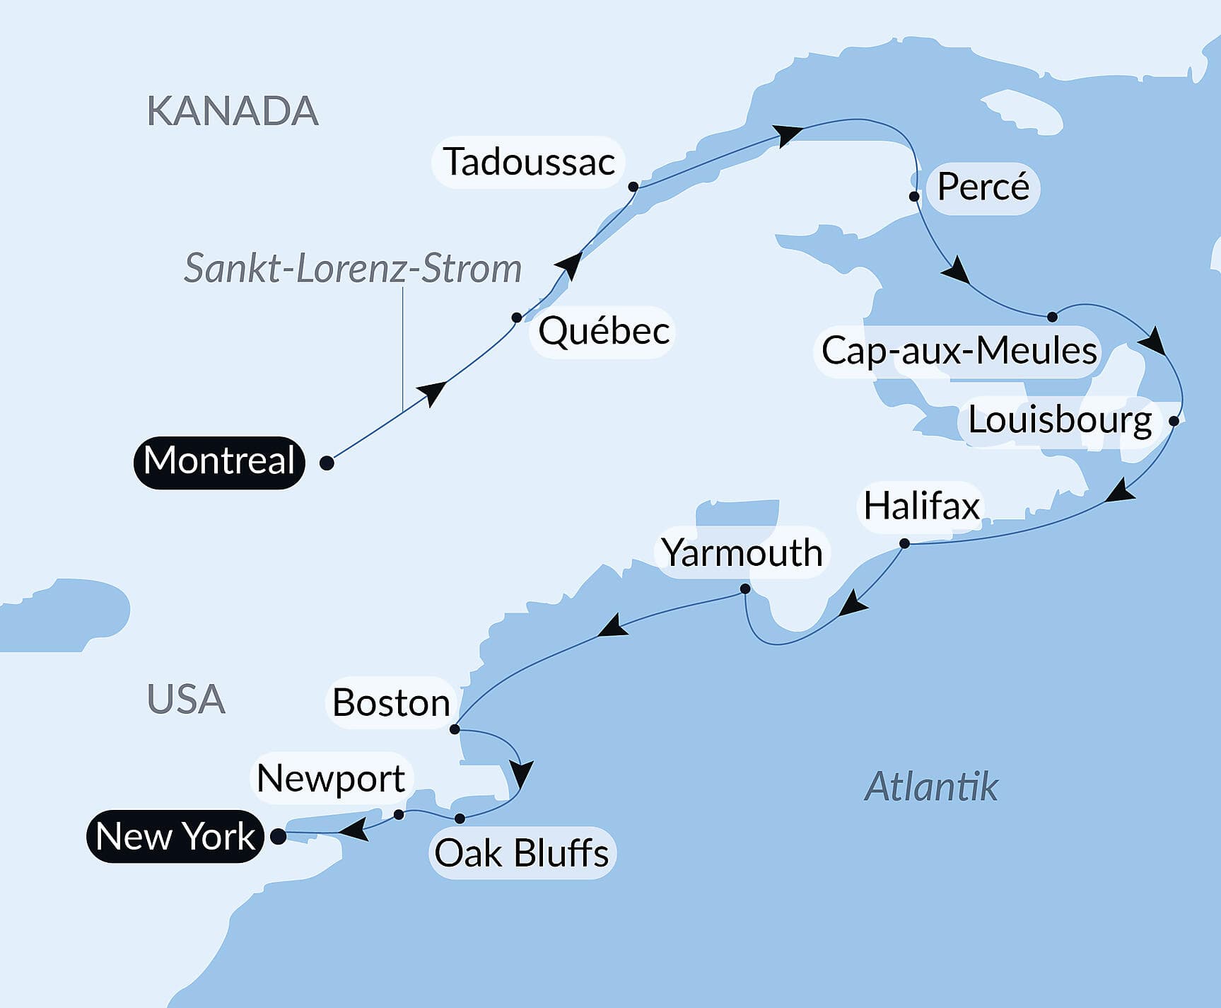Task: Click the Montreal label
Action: point(219,462)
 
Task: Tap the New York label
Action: point(175,836)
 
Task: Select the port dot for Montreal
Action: point(327,463)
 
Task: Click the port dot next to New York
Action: point(279,836)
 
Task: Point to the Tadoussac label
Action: point(528,162)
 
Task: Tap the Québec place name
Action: point(603,331)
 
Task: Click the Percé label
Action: point(983,187)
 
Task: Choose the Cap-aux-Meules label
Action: point(958,351)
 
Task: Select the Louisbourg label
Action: point(1059,420)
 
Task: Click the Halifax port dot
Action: point(904,543)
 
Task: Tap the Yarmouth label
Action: point(742,552)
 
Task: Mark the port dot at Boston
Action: point(455,729)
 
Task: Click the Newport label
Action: point(331,778)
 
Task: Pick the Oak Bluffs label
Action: point(522,853)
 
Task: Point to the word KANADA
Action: point(233,112)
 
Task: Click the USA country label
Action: point(186,700)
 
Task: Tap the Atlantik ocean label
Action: point(930,787)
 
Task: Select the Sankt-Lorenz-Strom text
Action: point(353,269)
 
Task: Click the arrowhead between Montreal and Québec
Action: point(433,392)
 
